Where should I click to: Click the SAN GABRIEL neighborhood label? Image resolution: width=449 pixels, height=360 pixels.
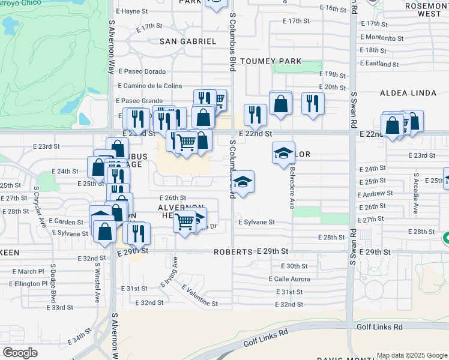187,41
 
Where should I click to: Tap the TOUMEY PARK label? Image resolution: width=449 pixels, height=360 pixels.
265,61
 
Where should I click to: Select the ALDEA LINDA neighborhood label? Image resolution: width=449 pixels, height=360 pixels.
403,94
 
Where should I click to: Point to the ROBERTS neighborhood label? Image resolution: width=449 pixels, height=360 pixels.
232,253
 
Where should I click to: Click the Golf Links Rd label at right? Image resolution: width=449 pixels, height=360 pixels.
379,327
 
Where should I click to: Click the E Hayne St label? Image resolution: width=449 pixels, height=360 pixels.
132,11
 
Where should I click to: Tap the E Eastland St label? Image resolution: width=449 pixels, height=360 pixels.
379,64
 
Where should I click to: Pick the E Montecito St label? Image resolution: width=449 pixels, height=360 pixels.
381,38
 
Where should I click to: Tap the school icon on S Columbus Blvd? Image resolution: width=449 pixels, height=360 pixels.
243,181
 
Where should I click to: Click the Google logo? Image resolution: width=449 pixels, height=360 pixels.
20,352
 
